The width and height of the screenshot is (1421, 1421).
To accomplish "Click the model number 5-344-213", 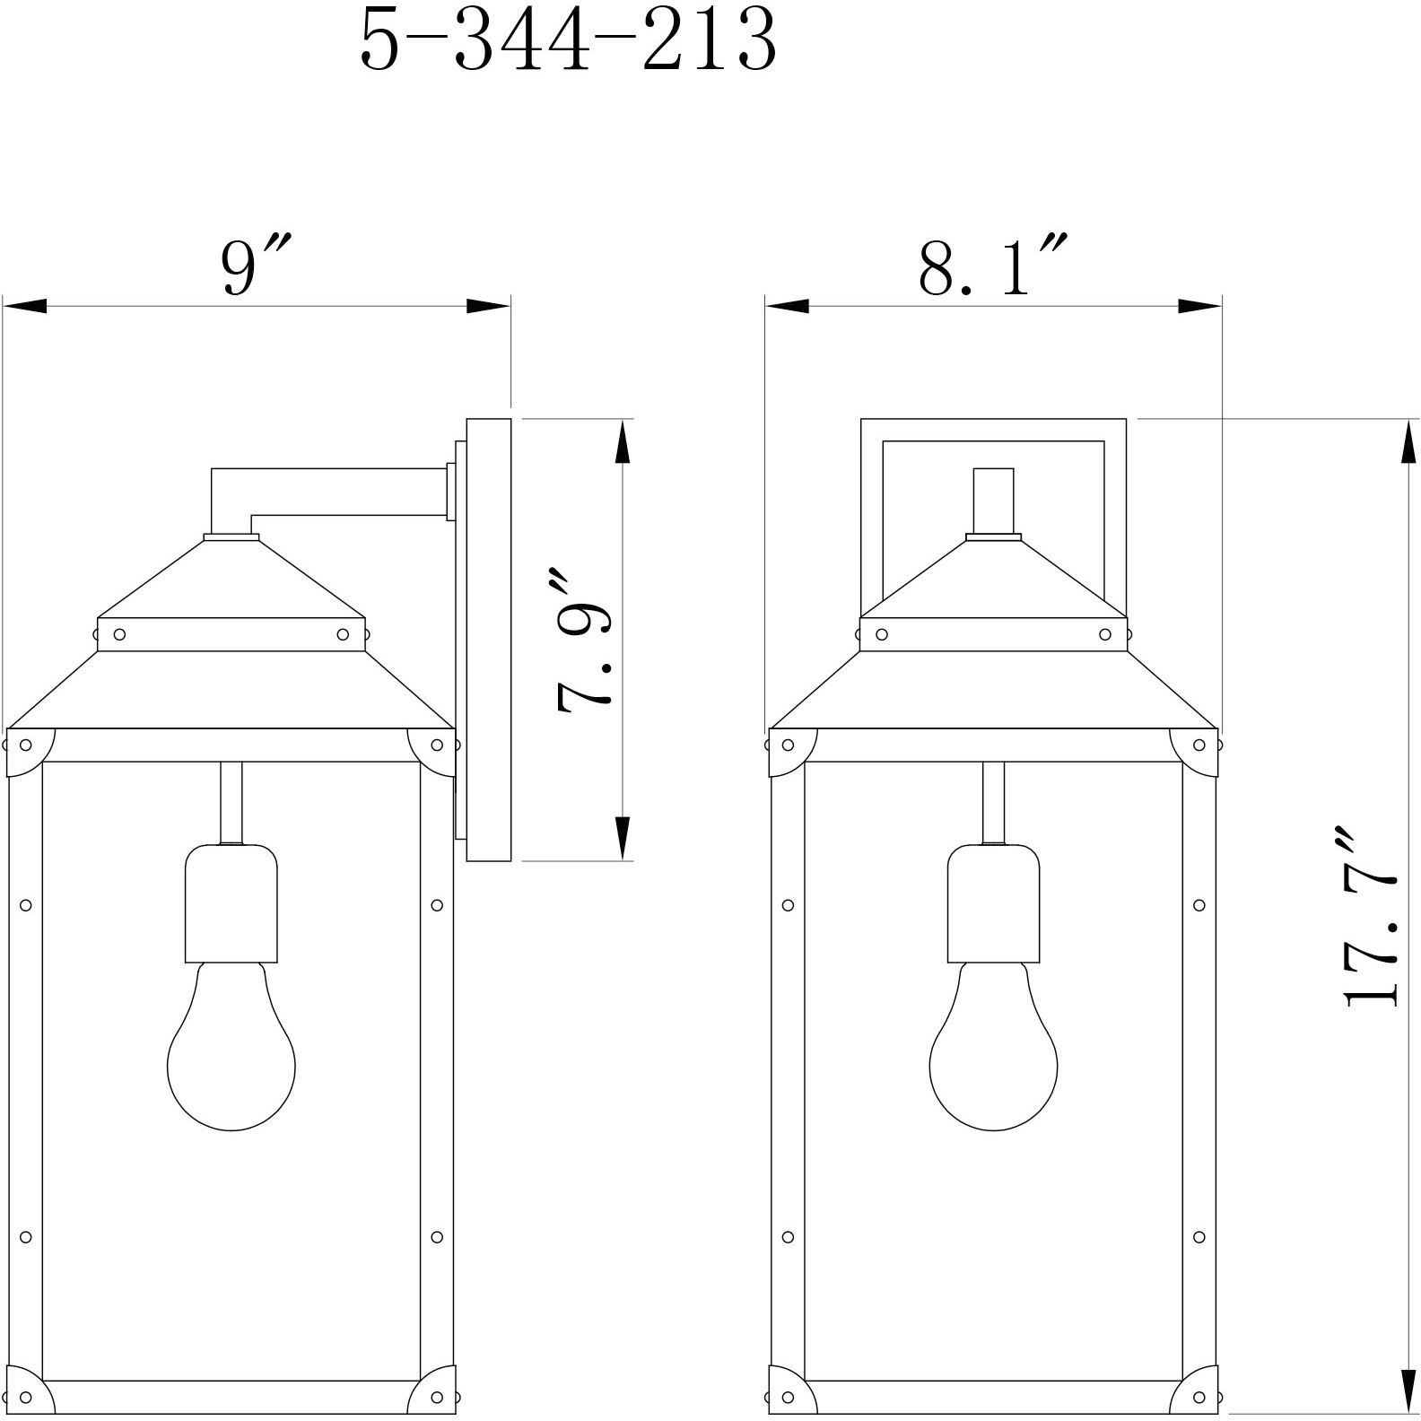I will tap(567, 42).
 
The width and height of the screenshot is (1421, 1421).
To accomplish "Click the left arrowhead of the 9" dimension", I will tap(23, 306).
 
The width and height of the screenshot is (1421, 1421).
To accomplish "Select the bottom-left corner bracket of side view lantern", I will tap(27, 1392).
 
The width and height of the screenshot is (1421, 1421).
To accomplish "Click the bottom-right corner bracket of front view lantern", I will tap(1197, 1392).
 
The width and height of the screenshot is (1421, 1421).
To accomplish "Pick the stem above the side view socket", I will tap(231, 802).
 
